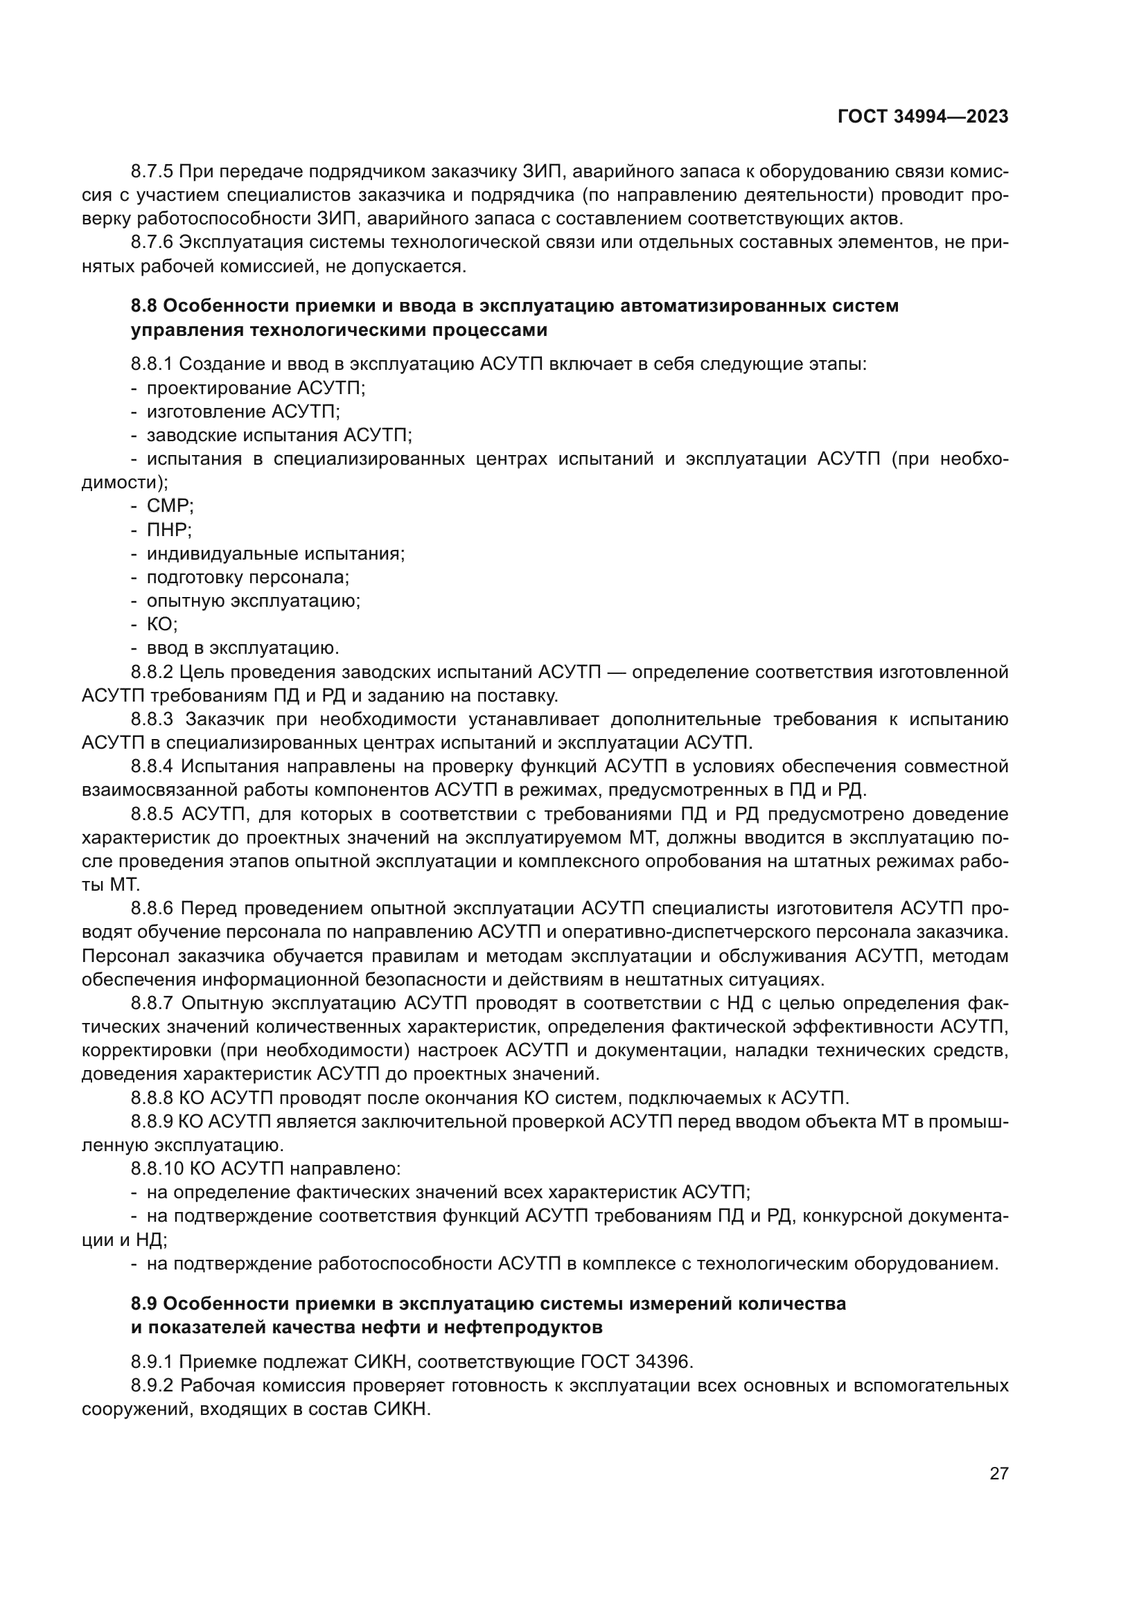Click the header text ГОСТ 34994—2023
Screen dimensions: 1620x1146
pyautogui.click(x=923, y=117)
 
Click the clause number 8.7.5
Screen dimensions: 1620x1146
pyautogui.click(x=152, y=172)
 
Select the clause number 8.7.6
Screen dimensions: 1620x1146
pyautogui.click(x=152, y=242)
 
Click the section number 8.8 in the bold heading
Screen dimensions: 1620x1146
pyautogui.click(x=144, y=306)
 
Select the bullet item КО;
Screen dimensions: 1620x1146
pyautogui.click(x=161, y=625)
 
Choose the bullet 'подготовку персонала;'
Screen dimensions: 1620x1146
pyautogui.click(x=247, y=577)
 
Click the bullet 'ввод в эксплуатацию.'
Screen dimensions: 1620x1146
pyautogui.click(x=243, y=648)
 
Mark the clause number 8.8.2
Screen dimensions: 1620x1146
pyautogui.click(x=152, y=673)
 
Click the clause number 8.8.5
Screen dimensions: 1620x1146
pyautogui.click(x=152, y=815)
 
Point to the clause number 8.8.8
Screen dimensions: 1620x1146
pyautogui.click(x=152, y=1098)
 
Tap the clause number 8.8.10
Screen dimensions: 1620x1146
pyautogui.click(x=156, y=1169)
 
